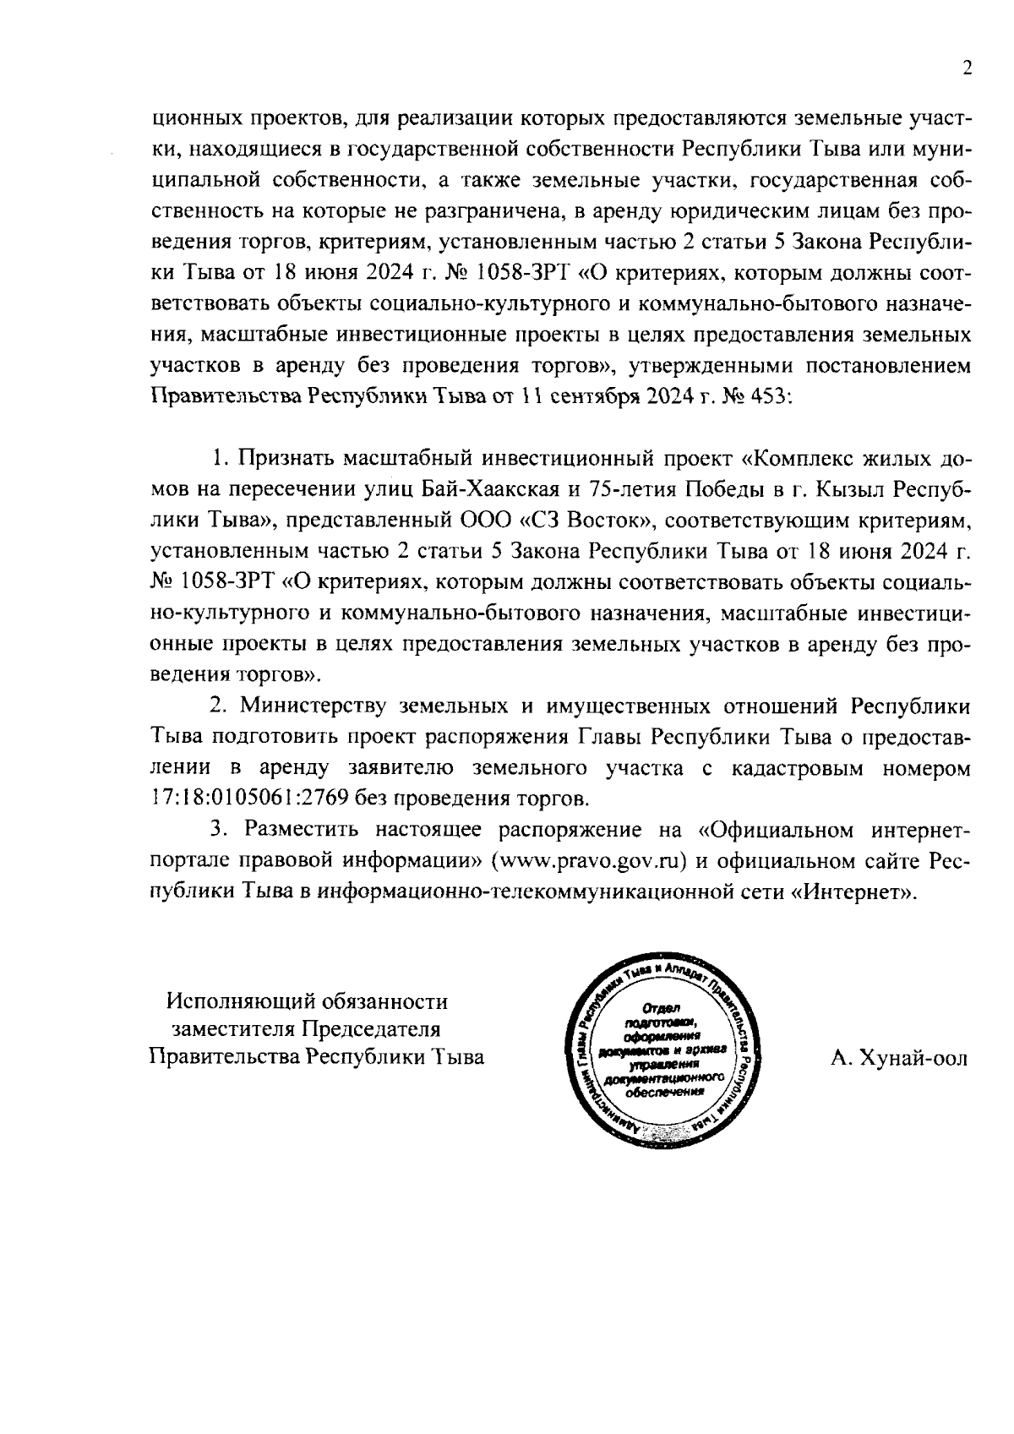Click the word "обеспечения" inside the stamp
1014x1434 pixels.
coord(663,1090)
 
